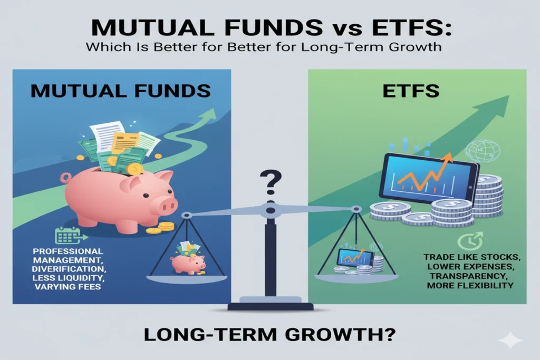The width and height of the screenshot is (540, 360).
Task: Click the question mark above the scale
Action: click(270, 185)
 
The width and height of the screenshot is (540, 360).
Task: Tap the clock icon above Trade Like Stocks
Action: click(467, 241)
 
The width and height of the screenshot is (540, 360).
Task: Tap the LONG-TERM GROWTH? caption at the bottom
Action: click(269, 335)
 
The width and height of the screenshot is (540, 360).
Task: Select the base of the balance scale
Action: click(270, 304)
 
